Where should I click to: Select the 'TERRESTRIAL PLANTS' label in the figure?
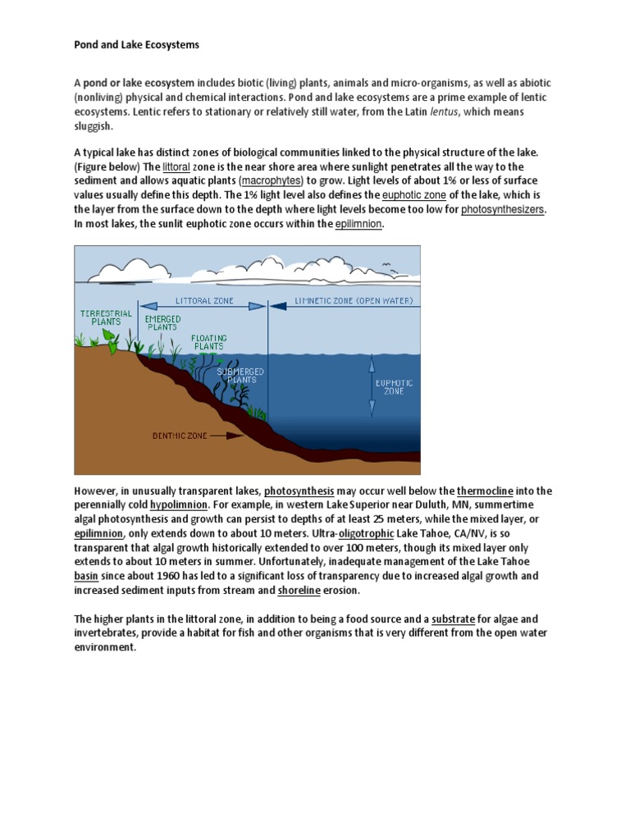(101, 317)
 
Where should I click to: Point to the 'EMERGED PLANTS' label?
(162, 322)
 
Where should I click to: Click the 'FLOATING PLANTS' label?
(208, 342)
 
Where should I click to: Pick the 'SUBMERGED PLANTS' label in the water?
(236, 376)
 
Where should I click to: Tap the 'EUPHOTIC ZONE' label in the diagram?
(394, 386)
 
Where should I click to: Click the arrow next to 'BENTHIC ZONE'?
(226, 436)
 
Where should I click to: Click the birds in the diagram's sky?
(389, 268)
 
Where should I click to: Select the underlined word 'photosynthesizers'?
(502, 210)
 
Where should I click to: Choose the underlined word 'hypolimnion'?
(180, 504)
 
